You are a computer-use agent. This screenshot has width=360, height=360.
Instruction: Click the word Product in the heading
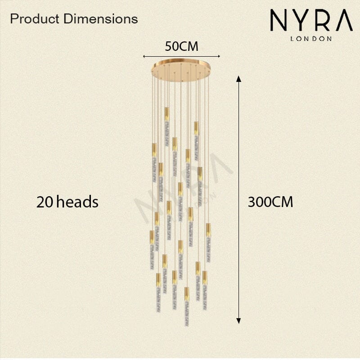[x=35, y=19]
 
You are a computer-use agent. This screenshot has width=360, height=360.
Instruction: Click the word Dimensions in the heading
[x=101, y=19]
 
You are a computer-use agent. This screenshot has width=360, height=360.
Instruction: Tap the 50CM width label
[x=181, y=46]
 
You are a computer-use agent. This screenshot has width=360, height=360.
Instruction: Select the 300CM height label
[x=270, y=202]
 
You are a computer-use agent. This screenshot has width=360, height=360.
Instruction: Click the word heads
[x=77, y=202]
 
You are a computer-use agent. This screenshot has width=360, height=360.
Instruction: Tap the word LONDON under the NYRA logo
[x=311, y=39]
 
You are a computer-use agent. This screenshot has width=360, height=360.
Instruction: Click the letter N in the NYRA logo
[x=279, y=20]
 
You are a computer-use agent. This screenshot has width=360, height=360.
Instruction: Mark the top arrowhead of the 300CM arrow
[x=239, y=78]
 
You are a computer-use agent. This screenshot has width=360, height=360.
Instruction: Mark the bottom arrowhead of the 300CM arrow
[x=239, y=321]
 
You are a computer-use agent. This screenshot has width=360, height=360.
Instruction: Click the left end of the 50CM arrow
[x=144, y=56]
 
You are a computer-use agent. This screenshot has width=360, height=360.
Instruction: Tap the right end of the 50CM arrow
[x=220, y=56]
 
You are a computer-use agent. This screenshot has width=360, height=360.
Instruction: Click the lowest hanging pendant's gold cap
[x=187, y=294]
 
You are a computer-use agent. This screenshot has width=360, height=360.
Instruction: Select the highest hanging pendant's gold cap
[x=167, y=114]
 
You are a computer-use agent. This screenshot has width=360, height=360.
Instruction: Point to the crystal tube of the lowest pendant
[x=187, y=314]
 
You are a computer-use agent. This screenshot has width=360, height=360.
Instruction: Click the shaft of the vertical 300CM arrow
[x=239, y=200]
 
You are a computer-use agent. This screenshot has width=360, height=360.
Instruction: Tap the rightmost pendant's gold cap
[x=208, y=230]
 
